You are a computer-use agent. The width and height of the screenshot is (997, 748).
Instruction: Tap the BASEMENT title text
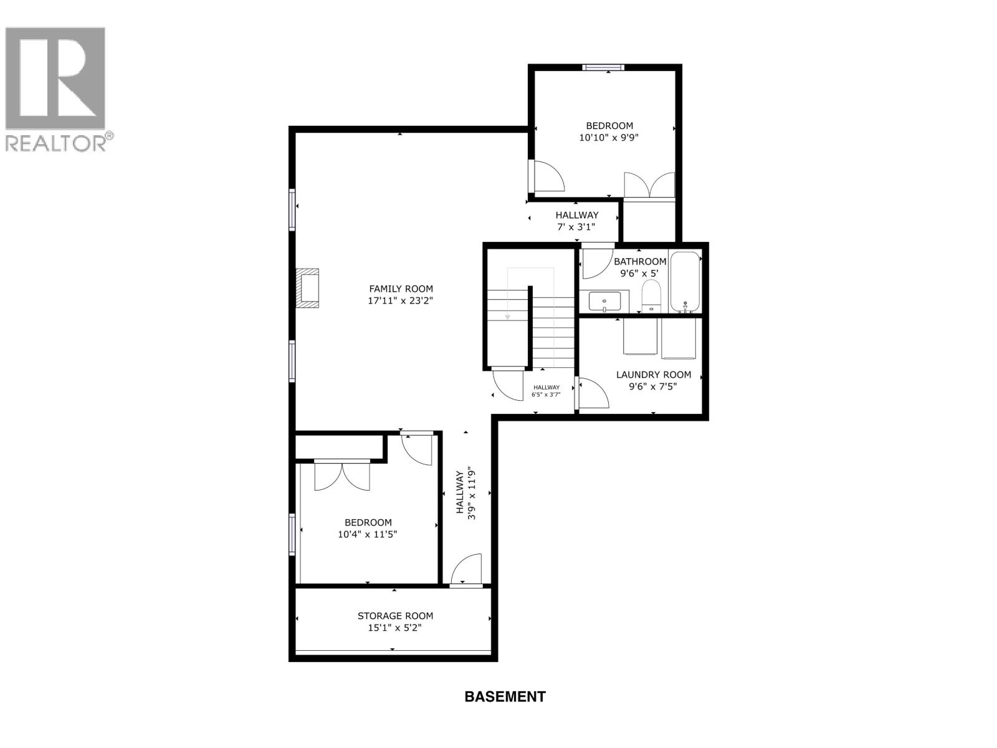[505, 696]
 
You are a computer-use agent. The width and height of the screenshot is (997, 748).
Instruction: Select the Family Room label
[401, 289]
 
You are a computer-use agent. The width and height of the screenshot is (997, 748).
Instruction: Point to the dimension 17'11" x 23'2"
[401, 300]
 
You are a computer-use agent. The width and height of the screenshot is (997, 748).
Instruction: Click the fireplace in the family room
[308, 288]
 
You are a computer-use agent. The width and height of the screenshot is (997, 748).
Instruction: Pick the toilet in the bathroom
[651, 296]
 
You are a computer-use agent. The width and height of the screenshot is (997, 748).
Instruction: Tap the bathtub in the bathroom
[685, 282]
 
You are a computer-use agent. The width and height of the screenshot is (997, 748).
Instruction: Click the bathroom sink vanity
[604, 301]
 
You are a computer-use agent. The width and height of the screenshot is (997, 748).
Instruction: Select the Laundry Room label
[653, 375]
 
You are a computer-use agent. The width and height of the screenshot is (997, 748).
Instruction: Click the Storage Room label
[395, 616]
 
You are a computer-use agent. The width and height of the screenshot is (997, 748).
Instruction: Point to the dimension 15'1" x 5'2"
[395, 628]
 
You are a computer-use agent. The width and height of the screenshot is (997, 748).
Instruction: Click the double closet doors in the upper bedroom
[649, 185]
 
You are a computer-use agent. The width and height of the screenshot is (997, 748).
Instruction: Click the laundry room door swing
[594, 394]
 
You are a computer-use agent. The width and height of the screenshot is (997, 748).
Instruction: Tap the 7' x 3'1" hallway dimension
[577, 228]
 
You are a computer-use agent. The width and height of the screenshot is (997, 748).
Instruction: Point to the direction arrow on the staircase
[508, 317]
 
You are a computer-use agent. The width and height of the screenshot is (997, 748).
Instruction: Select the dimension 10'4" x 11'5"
[368, 534]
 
